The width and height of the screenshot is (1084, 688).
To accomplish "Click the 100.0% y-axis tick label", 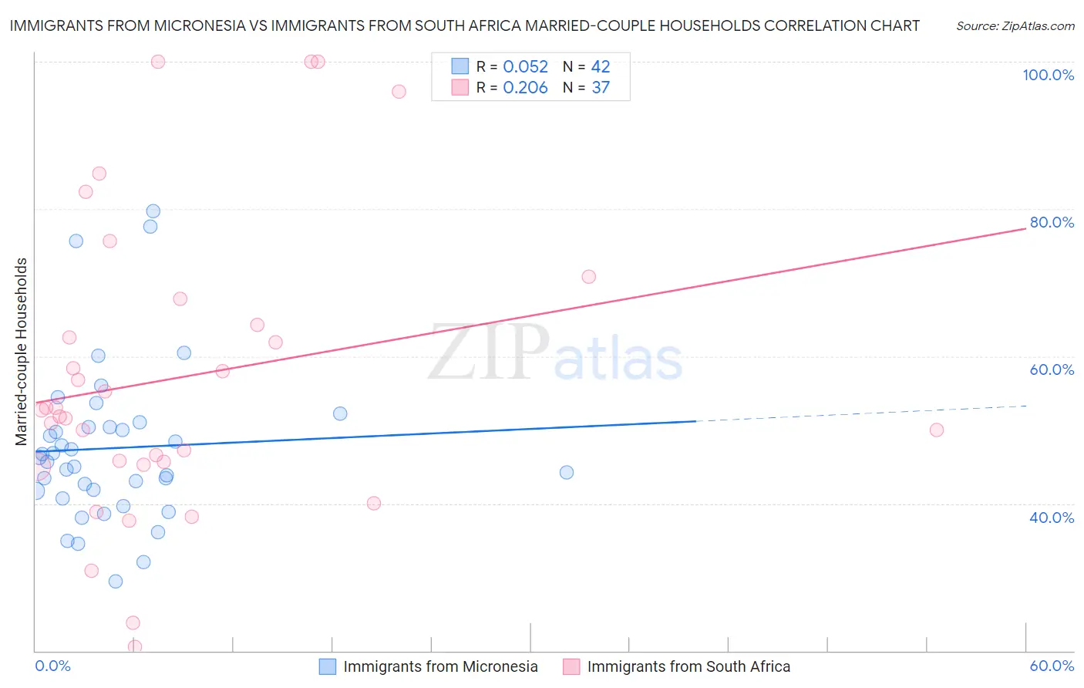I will pyautogui.click(x=1048, y=75).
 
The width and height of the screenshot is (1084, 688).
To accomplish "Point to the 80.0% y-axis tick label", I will pyautogui.click(x=1052, y=222).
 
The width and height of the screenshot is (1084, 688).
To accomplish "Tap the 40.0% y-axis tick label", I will pyautogui.click(x=1052, y=518).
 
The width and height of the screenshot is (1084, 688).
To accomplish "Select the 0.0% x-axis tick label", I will pyautogui.click(x=52, y=666).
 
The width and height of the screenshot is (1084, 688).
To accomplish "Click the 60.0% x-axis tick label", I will pyautogui.click(x=1052, y=666).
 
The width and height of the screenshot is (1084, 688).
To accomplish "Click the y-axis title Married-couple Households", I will pyautogui.click(x=22, y=352).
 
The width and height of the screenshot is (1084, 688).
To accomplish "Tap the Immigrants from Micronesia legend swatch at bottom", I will pyautogui.click(x=328, y=666).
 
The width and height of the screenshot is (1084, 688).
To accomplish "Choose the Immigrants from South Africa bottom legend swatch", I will pyautogui.click(x=571, y=666).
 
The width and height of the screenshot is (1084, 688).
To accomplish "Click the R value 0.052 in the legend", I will pyautogui.click(x=525, y=67).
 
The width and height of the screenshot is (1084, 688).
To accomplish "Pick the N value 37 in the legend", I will pyautogui.click(x=601, y=88).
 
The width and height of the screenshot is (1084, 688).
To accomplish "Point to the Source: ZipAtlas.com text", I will pyautogui.click(x=1015, y=26).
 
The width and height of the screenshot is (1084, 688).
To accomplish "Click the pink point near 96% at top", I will pyautogui.click(x=399, y=92).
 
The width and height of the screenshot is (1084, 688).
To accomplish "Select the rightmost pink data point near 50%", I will pyautogui.click(x=937, y=430).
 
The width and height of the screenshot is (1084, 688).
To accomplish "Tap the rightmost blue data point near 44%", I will pyautogui.click(x=567, y=473).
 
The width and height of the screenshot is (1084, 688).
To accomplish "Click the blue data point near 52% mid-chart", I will pyautogui.click(x=340, y=413).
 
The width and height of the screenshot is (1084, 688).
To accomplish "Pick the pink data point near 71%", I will pyautogui.click(x=589, y=277).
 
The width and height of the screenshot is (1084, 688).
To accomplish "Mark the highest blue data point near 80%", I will pyautogui.click(x=153, y=211).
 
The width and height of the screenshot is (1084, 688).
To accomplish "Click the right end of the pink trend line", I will pyautogui.click(x=1025, y=229).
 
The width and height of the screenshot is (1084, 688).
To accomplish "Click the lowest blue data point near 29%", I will pyautogui.click(x=116, y=582).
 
